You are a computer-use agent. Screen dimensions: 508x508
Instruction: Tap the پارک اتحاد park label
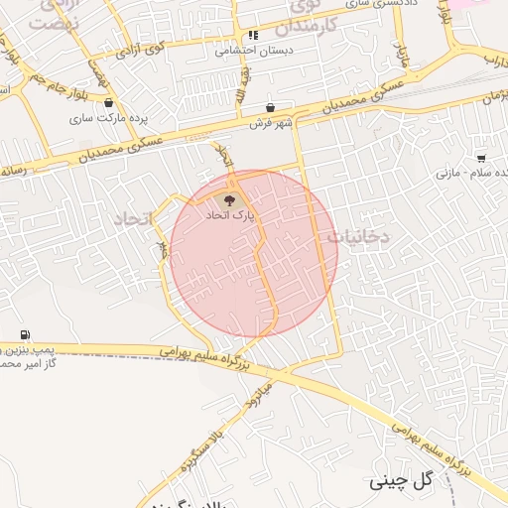230,215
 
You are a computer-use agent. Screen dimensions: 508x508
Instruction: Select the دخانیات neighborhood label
358,236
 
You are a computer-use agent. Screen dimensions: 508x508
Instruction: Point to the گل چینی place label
402,482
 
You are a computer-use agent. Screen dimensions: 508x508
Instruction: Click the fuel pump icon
24,334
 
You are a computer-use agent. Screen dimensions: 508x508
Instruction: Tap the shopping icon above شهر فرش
270,107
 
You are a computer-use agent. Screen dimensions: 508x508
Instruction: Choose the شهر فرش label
270,122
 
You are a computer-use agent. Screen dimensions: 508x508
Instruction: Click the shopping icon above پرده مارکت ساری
108,102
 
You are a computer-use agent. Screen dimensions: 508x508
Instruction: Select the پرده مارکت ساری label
108,117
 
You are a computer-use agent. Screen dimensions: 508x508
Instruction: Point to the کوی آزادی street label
143,48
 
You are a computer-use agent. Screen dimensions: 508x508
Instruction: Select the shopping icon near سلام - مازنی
481,157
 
